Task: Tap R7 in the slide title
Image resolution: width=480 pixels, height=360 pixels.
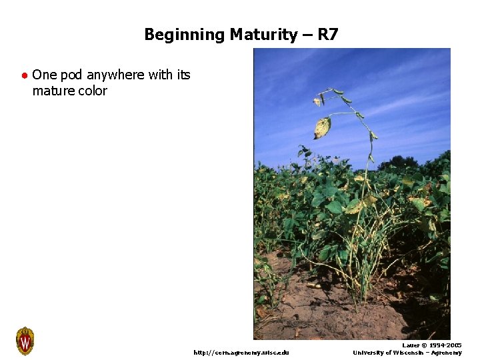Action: click(x=328, y=34)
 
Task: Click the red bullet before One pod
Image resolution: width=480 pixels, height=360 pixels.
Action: click(x=24, y=75)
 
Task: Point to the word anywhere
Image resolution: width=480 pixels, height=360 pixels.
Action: click(x=115, y=75)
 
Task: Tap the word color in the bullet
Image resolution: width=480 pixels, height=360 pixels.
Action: click(x=93, y=91)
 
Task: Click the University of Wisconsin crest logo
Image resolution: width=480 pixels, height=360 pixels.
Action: click(x=25, y=341)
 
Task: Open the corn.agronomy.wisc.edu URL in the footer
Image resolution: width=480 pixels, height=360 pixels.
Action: click(x=241, y=352)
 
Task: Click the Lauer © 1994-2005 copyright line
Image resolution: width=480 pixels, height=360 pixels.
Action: click(x=431, y=345)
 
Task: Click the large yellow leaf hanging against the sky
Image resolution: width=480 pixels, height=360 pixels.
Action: click(x=323, y=127)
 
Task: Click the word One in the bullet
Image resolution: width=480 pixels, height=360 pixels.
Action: click(x=44, y=75)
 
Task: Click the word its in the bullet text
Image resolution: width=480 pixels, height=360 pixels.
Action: click(x=183, y=75)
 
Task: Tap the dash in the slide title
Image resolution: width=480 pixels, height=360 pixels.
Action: click(x=307, y=34)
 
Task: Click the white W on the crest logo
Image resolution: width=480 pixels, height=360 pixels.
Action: click(x=25, y=343)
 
